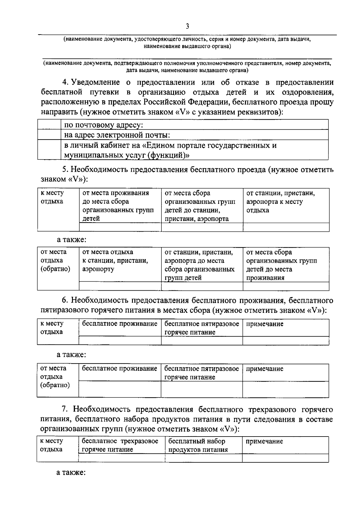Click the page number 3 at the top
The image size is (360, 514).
point(187,26)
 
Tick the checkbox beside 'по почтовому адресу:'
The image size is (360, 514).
point(49,125)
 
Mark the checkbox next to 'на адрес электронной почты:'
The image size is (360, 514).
point(49,135)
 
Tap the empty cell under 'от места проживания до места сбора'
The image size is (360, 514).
point(120,227)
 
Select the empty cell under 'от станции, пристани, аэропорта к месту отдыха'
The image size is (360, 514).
point(286,227)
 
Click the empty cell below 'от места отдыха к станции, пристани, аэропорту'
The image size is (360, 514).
point(120,286)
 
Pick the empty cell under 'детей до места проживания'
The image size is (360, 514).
point(286,286)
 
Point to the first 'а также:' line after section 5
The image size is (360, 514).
point(72,240)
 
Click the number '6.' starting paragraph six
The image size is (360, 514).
point(65,300)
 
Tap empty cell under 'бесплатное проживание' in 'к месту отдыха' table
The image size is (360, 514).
point(120,341)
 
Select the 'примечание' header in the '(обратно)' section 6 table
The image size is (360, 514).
point(264,369)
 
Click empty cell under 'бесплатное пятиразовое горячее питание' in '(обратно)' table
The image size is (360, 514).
point(202,389)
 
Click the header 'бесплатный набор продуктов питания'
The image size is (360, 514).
point(198,445)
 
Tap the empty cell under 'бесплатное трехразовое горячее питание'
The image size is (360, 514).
point(121,458)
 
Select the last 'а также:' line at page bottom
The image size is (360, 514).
point(71,472)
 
